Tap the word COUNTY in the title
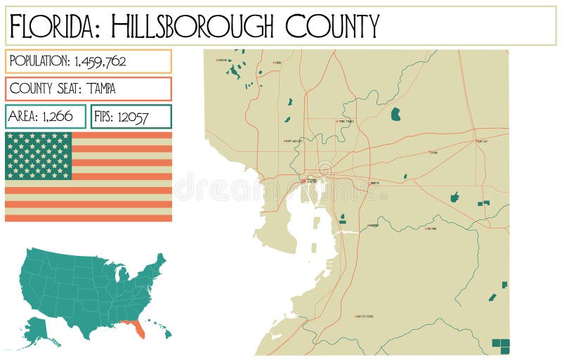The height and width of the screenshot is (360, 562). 332,26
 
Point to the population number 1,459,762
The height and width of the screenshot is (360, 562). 98,61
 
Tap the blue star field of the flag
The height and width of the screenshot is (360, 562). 39,155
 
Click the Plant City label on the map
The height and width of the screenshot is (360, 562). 482,141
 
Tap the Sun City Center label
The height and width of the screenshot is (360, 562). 365,316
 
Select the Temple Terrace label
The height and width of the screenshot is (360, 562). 346,122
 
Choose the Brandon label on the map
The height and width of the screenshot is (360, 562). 374,183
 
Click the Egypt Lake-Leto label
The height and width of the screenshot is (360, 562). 293,141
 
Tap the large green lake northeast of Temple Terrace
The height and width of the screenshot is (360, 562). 396,114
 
